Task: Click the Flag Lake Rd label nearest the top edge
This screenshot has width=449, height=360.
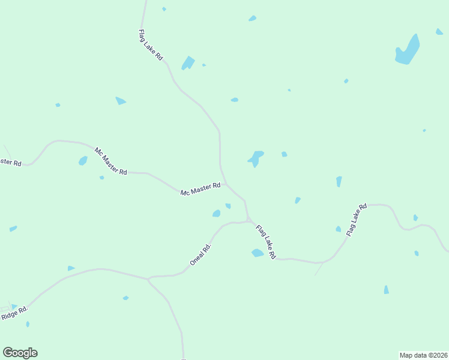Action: click(151, 45)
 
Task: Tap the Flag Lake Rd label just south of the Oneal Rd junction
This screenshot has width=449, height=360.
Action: click(265, 242)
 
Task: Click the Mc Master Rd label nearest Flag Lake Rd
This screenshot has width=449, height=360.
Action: click(200, 190)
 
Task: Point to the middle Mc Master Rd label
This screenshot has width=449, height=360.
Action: click(110, 160)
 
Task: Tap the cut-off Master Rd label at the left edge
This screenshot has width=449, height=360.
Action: click(10, 162)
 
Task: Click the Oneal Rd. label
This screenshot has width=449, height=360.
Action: click(201, 254)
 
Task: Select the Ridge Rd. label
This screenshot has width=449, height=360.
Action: click(14, 313)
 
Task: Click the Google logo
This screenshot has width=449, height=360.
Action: click(20, 353)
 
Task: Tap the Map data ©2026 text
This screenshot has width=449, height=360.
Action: click(423, 355)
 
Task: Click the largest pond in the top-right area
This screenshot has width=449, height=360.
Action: click(408, 51)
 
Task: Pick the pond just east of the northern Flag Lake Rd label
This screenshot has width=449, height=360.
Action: click(188, 62)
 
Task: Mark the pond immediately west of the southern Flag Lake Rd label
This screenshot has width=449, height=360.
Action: click(258, 253)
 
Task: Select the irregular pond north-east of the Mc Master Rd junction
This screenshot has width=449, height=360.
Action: click(256, 158)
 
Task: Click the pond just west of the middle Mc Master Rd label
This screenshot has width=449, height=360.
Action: click(83, 161)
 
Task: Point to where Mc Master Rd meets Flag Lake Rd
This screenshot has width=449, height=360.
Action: click(226, 184)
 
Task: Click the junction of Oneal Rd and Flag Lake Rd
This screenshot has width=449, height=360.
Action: click(248, 221)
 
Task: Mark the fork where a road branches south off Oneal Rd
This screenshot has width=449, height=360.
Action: click(148, 278)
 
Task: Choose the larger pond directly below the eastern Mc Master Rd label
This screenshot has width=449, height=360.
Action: click(216, 214)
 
